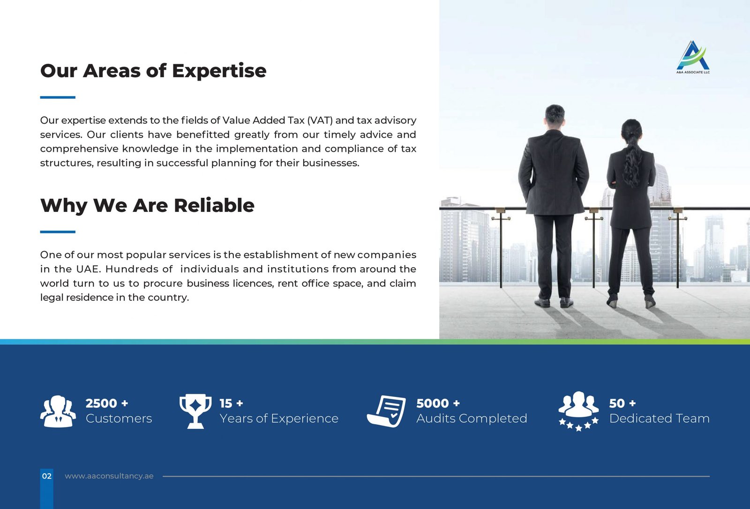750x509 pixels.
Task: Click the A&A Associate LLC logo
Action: coord(693,57)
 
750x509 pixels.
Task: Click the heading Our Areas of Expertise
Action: coord(153,71)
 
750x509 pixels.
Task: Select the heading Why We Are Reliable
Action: coord(147,205)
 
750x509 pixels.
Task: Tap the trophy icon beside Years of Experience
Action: coord(195,411)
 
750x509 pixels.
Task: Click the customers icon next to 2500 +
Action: coord(58,411)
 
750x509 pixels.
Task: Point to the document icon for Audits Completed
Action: coord(386,411)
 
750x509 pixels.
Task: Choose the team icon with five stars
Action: coord(578,411)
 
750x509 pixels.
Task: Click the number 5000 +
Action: coord(438,403)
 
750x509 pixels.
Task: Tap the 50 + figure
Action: coord(622,403)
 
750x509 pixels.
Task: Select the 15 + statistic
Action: coord(232,403)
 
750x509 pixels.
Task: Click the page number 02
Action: coord(47,476)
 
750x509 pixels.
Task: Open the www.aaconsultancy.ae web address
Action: coord(109,476)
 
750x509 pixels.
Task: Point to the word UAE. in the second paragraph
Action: coord(89,269)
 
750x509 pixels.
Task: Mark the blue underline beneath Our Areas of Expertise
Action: coord(58,97)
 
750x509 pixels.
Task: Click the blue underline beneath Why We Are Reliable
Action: coord(58,232)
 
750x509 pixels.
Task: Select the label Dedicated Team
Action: coord(659,418)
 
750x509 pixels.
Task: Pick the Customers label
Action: coord(119,418)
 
